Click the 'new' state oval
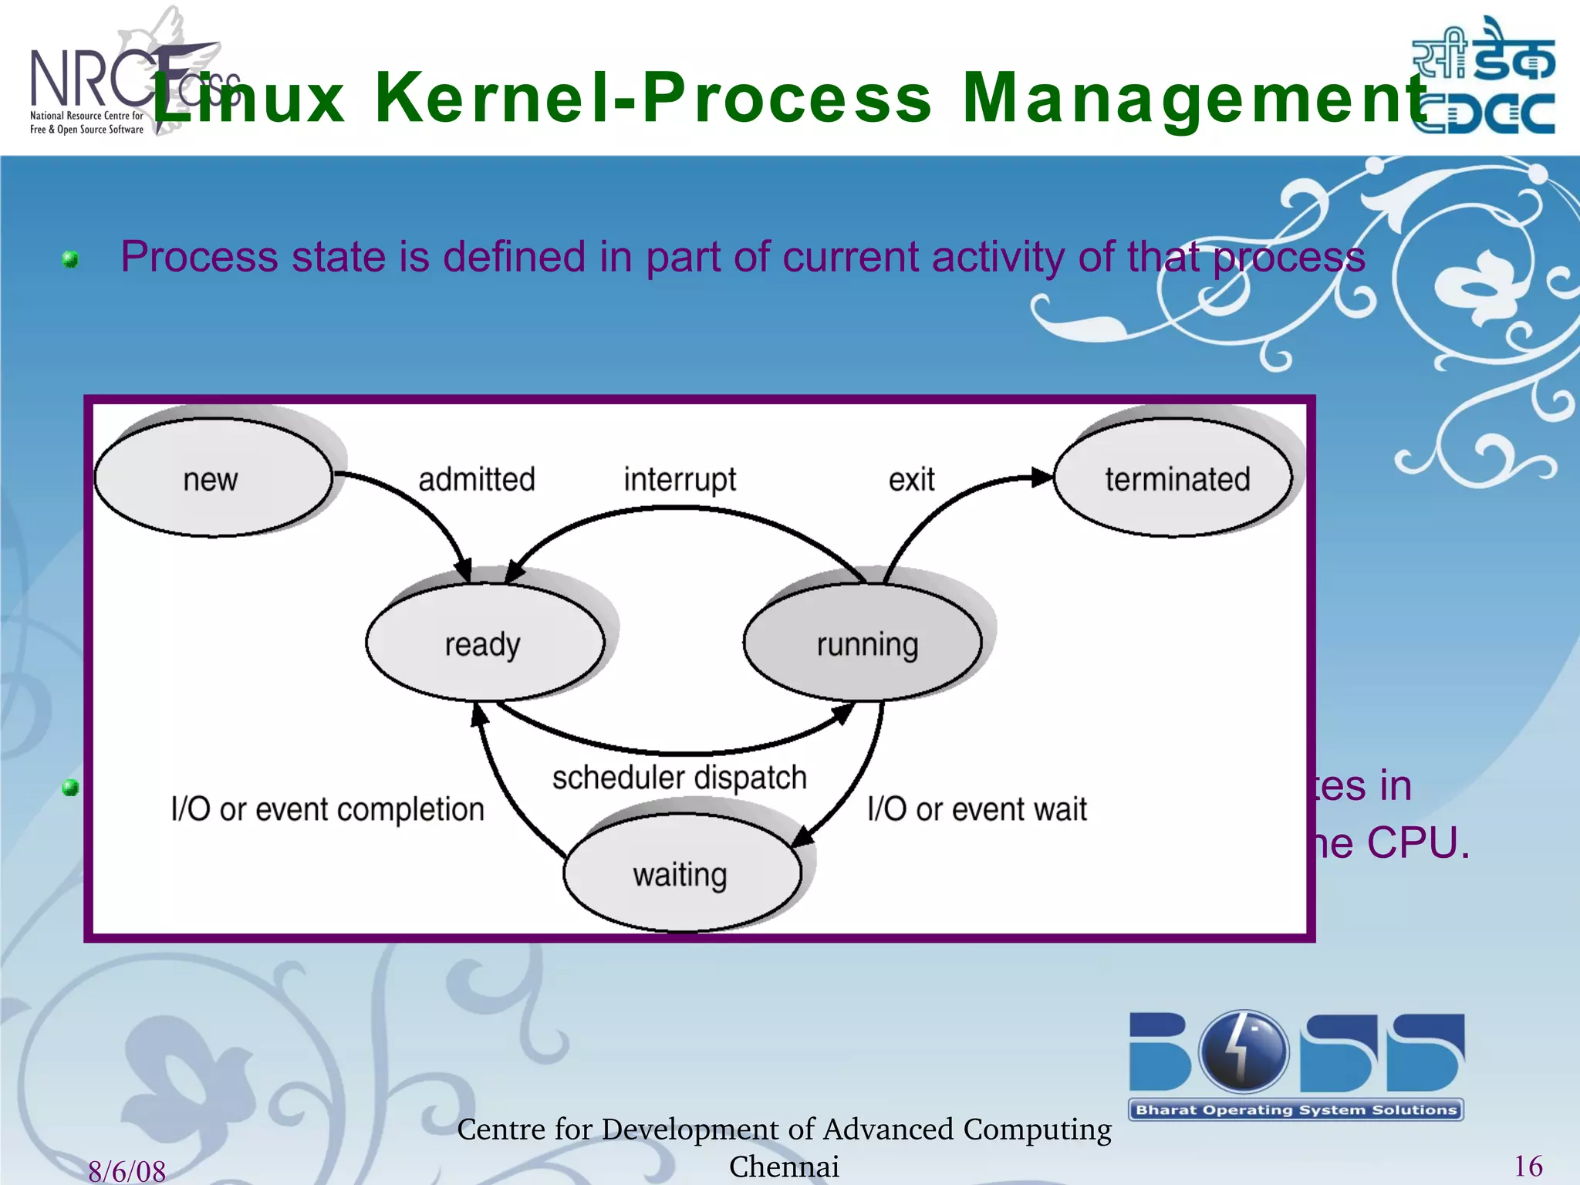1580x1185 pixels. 212,478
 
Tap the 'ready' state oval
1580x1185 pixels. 484,643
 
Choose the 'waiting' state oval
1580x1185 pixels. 681,874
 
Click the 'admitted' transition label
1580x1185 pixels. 476,480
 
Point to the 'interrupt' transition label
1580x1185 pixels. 680,480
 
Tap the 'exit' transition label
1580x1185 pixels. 911,480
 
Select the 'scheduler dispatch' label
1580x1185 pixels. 679,778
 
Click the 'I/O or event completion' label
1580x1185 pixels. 328,809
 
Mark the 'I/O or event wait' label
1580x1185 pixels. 977,809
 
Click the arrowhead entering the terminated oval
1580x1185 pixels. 1042,477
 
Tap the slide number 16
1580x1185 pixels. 1528,1166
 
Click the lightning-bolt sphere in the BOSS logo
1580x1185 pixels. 1243,1051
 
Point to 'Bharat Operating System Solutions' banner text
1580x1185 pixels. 1296,1110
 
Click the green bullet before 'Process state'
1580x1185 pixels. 70,259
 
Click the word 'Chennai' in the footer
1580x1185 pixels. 784,1166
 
